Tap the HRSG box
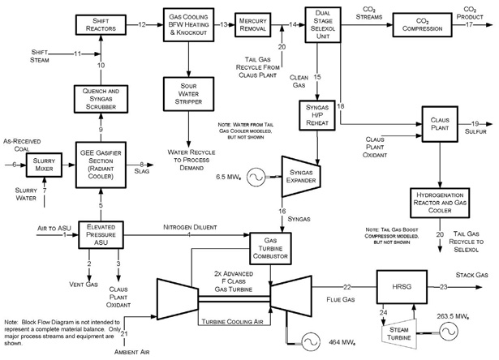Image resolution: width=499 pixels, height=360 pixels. click(399, 287)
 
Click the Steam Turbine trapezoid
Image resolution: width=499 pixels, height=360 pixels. click(399, 331)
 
